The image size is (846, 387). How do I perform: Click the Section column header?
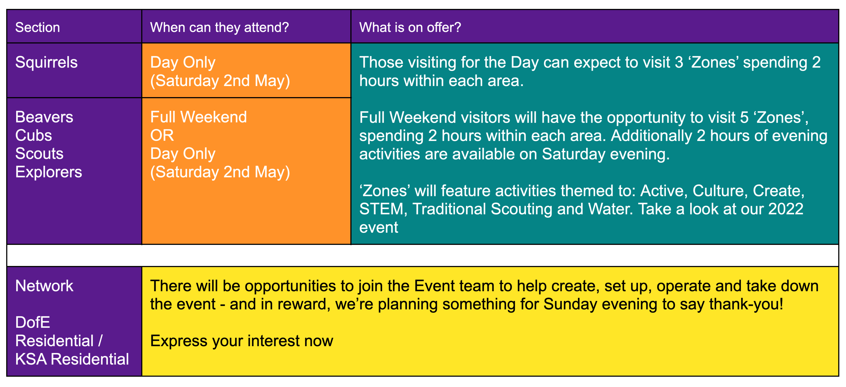pos(37,27)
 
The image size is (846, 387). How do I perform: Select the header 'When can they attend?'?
pos(219,27)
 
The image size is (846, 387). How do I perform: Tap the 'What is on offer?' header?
pos(410,27)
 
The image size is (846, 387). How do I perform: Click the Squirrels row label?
pos(46,62)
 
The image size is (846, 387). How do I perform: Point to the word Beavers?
pos(44,117)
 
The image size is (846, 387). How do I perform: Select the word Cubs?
pos(34,136)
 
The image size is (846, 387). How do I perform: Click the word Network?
pos(44,286)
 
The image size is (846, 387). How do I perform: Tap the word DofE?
pos(33,322)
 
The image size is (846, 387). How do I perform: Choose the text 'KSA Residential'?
pos(72,359)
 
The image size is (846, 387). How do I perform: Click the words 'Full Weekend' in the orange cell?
pos(198,117)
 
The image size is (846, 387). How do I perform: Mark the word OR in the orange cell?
pos(162,136)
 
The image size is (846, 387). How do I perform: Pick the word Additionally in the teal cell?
pos(651,136)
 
